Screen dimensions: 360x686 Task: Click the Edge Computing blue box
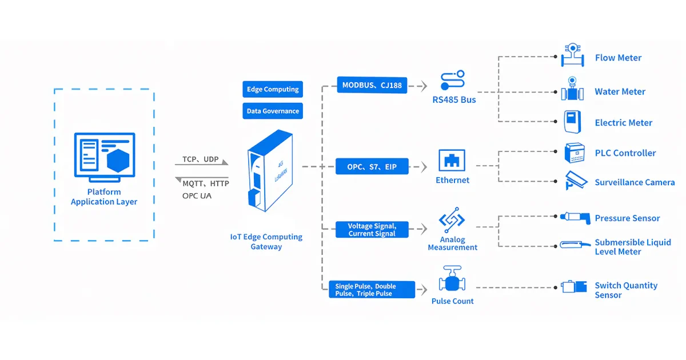pos(273,90)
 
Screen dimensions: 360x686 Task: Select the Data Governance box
pos(273,111)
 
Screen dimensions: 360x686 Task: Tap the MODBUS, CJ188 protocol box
pos(372,86)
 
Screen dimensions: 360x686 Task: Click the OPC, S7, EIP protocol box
pos(372,167)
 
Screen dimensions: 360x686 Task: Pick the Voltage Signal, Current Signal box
pos(372,230)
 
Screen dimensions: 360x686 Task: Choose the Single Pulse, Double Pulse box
pos(372,290)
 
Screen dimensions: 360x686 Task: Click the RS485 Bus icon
pos(453,81)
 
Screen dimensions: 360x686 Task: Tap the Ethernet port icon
pos(452,161)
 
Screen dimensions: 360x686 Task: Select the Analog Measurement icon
pos(452,221)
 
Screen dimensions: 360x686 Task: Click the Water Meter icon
pos(571,90)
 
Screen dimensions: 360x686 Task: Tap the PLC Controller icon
pos(574,153)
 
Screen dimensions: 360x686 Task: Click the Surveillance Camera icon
pos(575,180)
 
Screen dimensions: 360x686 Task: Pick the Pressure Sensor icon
pos(573,217)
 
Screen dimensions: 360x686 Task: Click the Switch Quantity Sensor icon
pos(574,287)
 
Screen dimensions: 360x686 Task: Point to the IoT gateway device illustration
pos(269,171)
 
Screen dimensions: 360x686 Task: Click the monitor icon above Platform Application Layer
pos(104,153)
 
